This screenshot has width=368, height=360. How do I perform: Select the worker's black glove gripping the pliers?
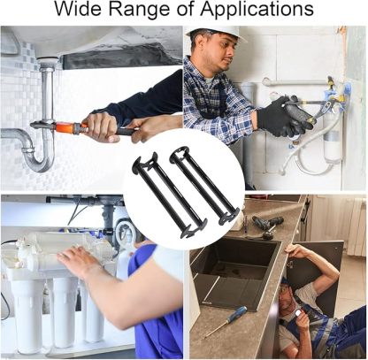point(281,117)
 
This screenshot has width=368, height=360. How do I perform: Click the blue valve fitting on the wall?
point(346,88)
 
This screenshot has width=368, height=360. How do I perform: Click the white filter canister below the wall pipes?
point(333,147)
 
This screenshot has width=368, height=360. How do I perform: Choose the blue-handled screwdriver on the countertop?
point(225,320)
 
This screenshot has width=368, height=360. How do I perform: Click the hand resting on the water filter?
point(81,261)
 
